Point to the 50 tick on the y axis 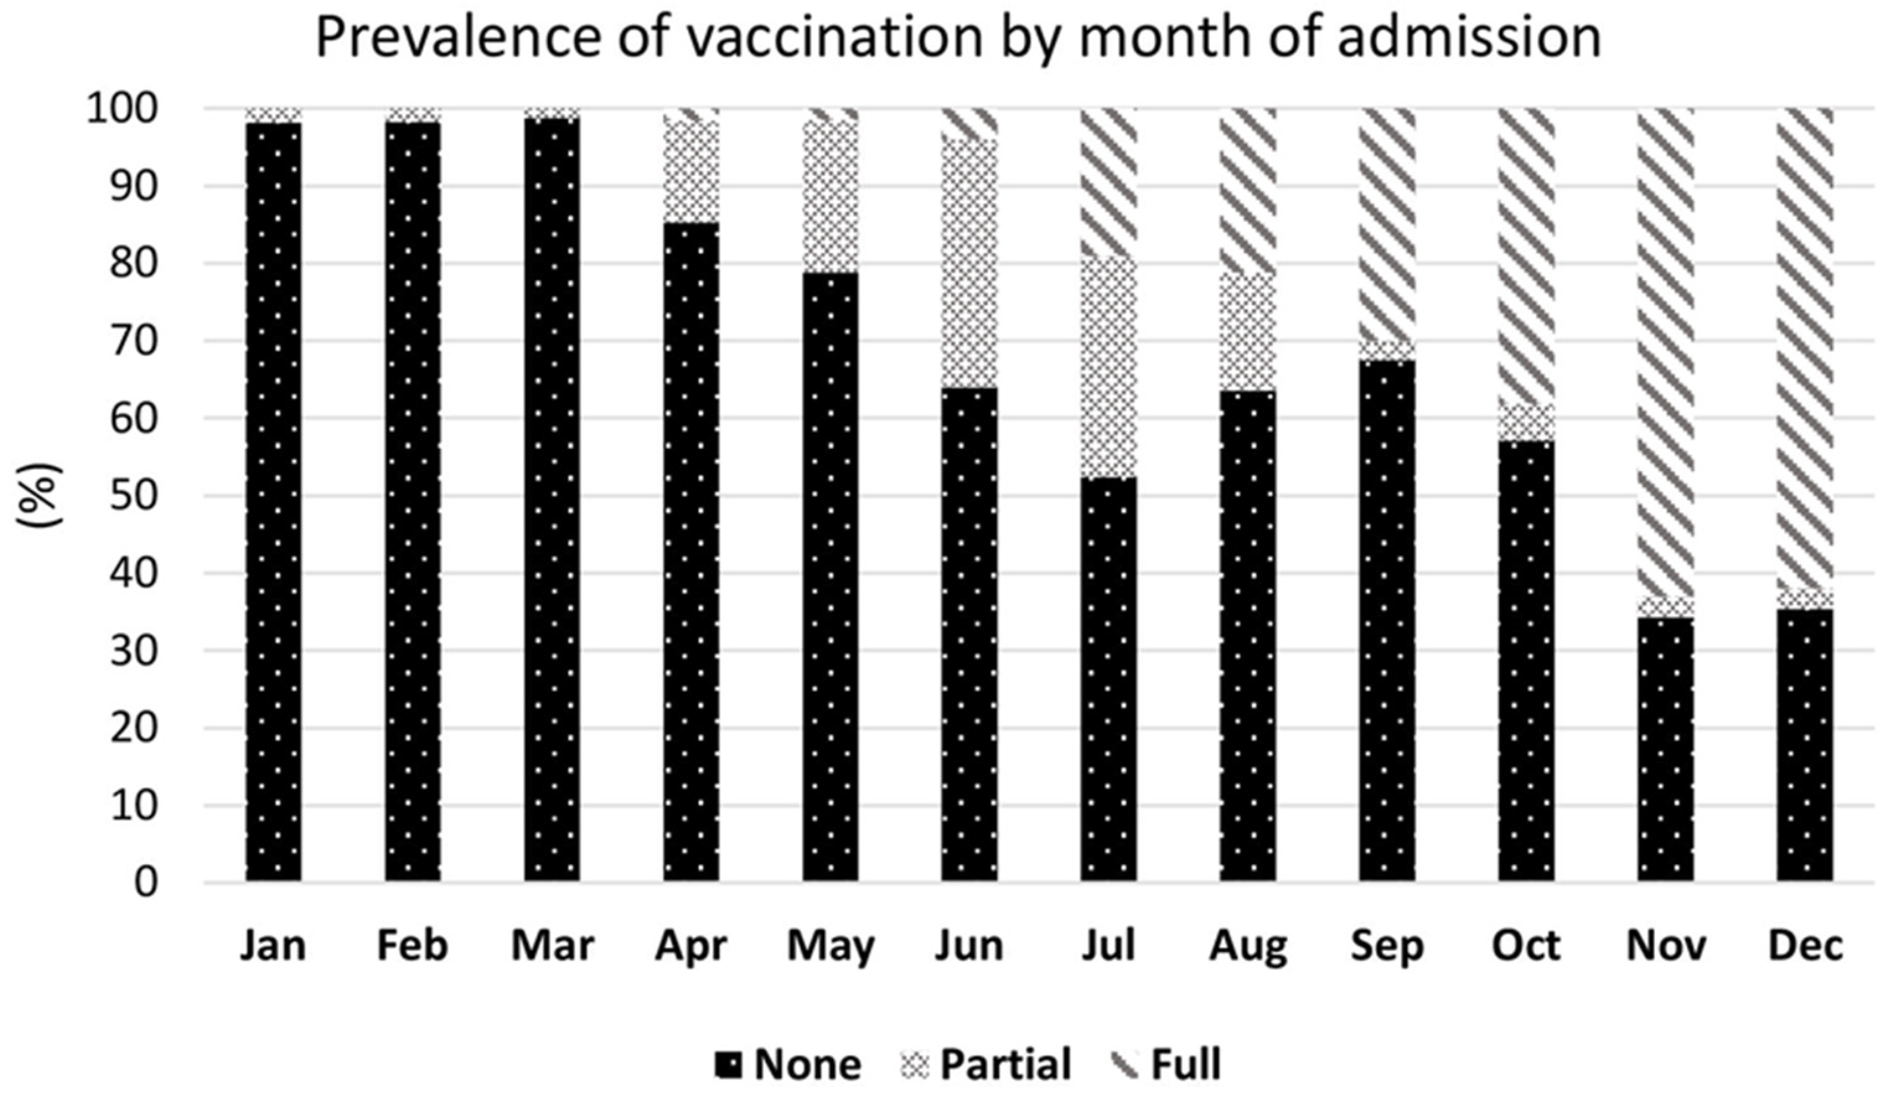(135, 496)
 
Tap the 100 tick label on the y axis (123, 110)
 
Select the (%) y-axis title (39, 496)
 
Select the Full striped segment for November (1666, 353)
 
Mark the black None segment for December (1805, 744)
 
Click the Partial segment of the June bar (970, 263)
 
